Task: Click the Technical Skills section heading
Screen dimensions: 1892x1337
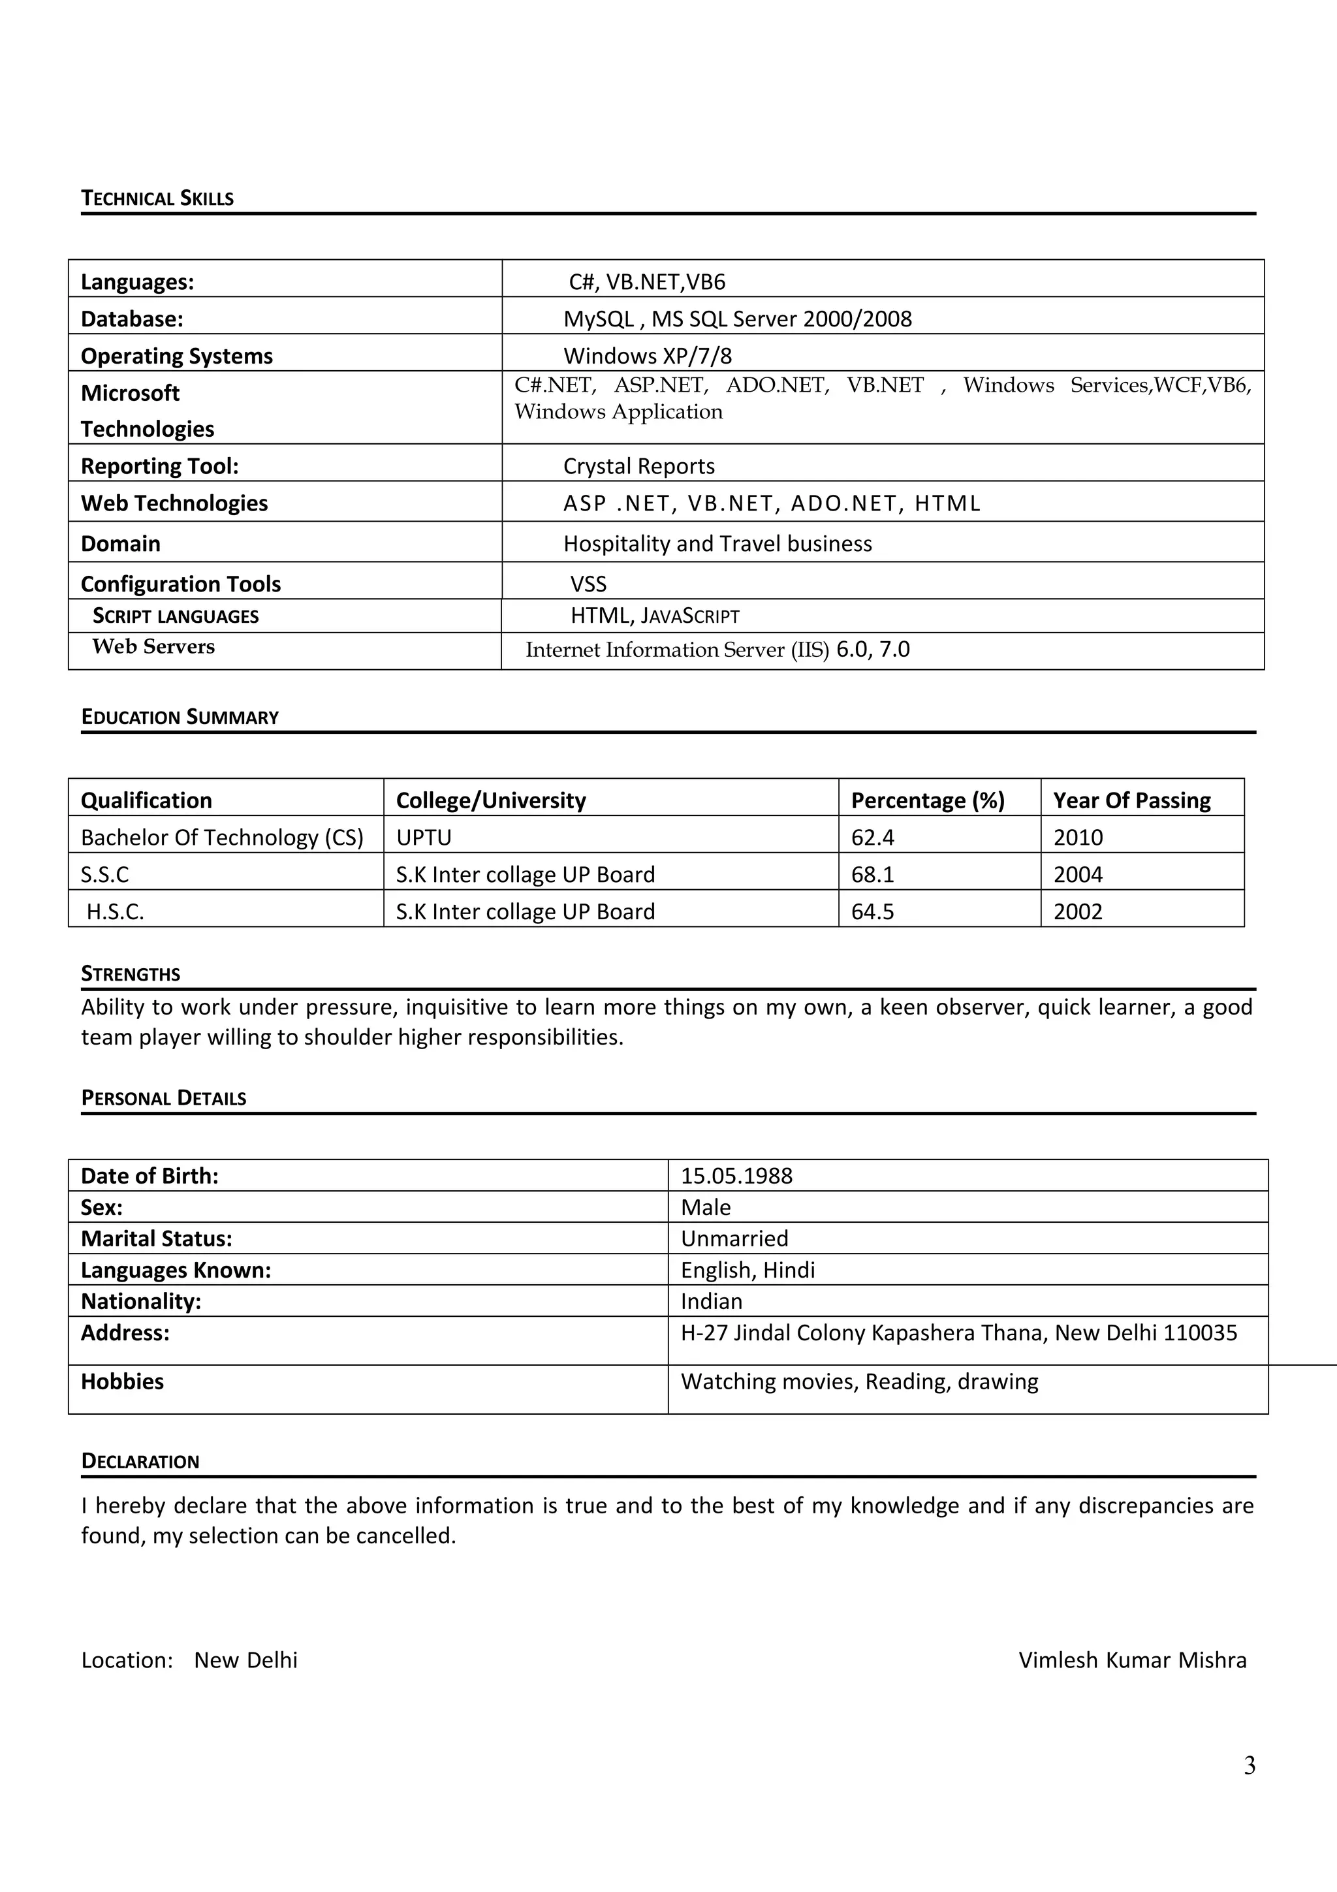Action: pyautogui.click(x=157, y=198)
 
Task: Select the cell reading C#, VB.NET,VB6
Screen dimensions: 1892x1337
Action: pyautogui.click(x=647, y=282)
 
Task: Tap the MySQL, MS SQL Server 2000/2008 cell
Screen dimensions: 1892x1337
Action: pyautogui.click(x=737, y=319)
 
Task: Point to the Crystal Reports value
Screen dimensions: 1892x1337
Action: pyautogui.click(x=638, y=466)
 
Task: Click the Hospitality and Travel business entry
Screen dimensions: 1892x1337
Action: pyautogui.click(x=717, y=544)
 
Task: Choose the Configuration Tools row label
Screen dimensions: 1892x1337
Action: pyautogui.click(x=180, y=584)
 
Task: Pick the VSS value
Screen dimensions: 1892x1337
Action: pyautogui.click(x=588, y=584)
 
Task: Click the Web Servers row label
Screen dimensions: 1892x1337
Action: pyautogui.click(x=153, y=647)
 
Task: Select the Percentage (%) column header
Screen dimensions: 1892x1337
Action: pyautogui.click(x=928, y=800)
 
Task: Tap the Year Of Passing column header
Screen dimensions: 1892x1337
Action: pyautogui.click(x=1131, y=800)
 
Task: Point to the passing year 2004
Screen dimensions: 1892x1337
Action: pyautogui.click(x=1078, y=874)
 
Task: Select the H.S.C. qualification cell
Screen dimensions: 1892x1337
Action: pyautogui.click(x=116, y=911)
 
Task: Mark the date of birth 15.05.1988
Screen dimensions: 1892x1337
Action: pyautogui.click(x=736, y=1176)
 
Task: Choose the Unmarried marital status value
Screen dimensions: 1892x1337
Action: pyautogui.click(x=734, y=1238)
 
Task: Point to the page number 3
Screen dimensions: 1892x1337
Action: pyautogui.click(x=1249, y=1765)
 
